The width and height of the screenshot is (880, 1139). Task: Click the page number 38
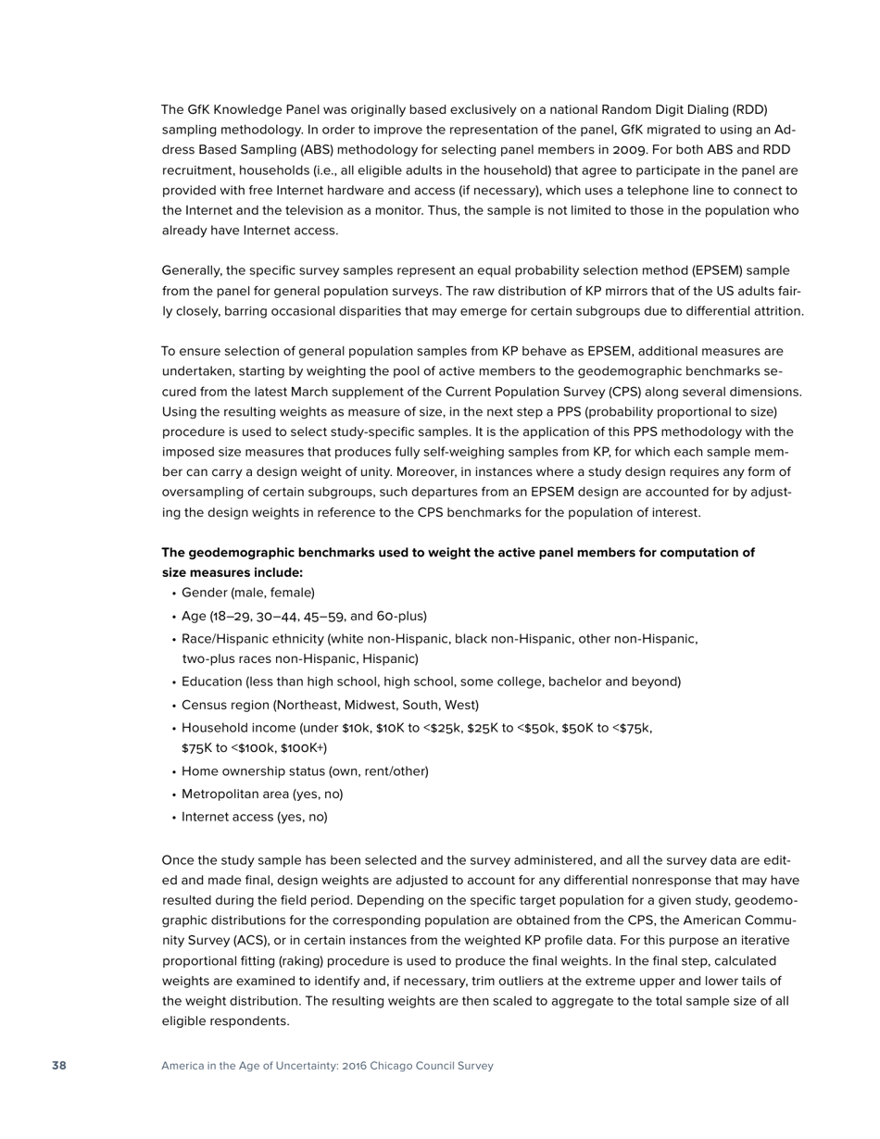pos(59,1066)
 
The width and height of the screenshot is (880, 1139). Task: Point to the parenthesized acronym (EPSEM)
pos(717,270)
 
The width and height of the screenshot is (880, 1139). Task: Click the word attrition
pos(776,311)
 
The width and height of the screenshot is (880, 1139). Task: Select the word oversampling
pos(199,493)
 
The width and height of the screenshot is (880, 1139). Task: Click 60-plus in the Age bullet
pos(402,616)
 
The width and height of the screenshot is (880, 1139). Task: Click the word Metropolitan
pos(220,795)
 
